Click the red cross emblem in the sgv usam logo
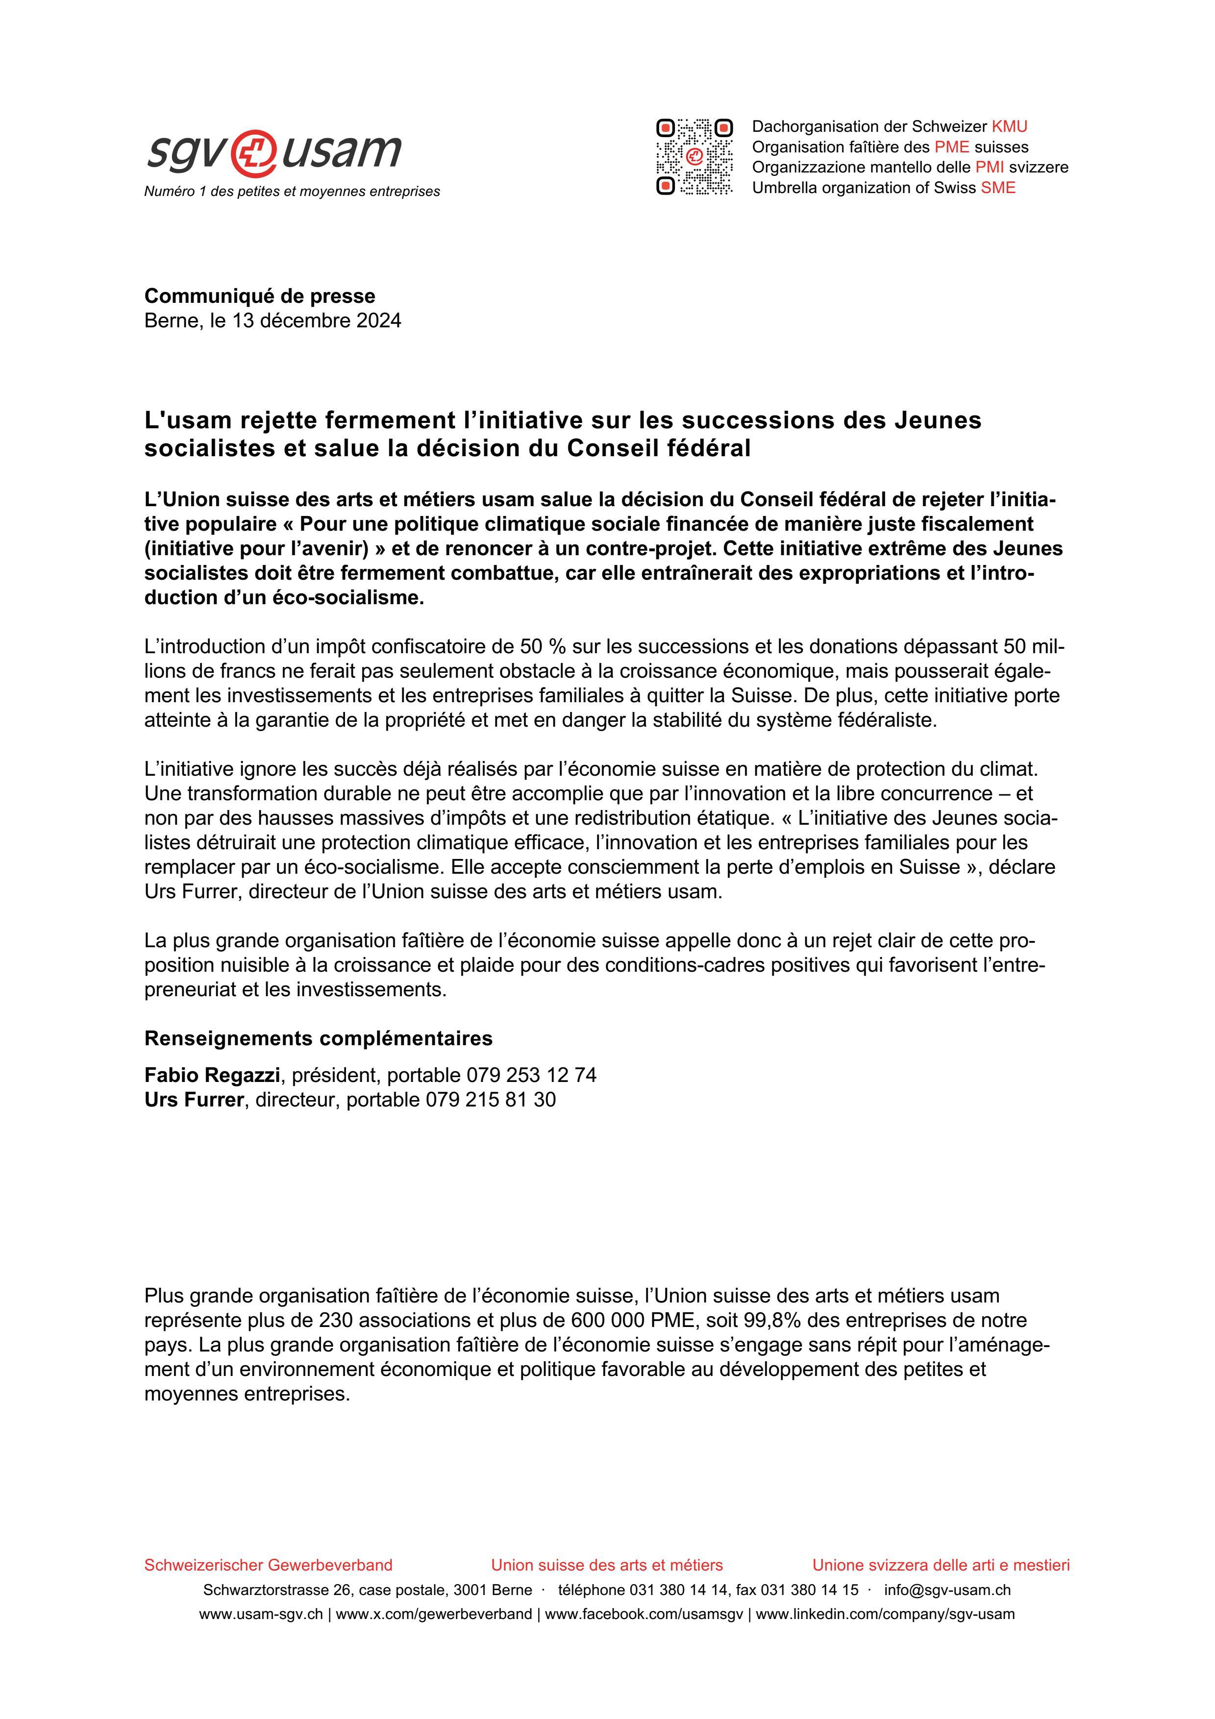254,151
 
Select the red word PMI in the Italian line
989,168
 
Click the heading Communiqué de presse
260,296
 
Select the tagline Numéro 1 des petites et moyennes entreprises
292,192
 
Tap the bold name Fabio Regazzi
212,1075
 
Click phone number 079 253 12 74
531,1075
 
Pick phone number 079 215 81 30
491,1100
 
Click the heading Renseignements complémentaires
318,1038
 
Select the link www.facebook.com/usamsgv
644,1614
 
